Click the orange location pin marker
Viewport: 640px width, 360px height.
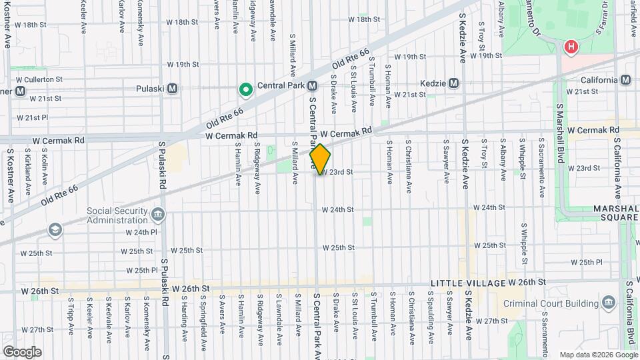(320, 159)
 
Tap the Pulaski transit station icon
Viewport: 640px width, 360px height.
(172, 87)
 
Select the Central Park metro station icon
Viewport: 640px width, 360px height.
(312, 85)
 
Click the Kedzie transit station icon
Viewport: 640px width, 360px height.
(454, 83)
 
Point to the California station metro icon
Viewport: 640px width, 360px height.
(625, 80)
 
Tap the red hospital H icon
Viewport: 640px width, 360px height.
(571, 47)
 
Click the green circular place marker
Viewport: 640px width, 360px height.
(245, 88)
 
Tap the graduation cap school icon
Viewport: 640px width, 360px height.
(53, 230)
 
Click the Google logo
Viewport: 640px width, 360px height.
(22, 351)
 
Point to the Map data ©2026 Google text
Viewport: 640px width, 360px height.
(597, 355)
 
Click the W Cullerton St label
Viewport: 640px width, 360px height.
(39, 79)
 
